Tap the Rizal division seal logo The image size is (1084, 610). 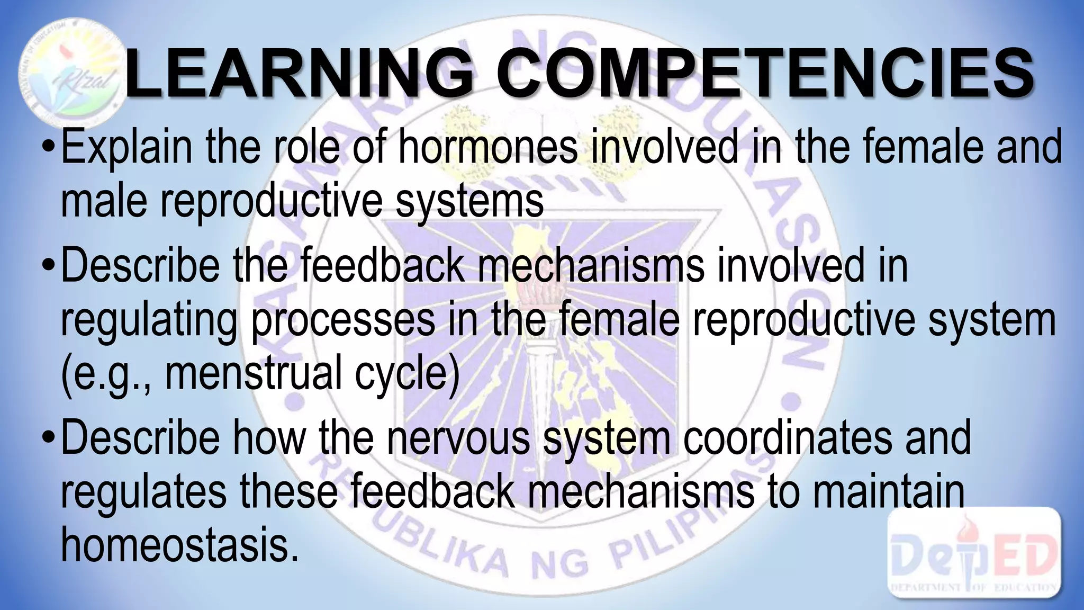pyautogui.click(x=69, y=69)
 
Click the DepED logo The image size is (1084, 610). pyautogui.click(x=974, y=553)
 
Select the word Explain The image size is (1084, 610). pyautogui.click(x=127, y=147)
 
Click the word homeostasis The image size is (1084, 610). pyautogui.click(x=177, y=545)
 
